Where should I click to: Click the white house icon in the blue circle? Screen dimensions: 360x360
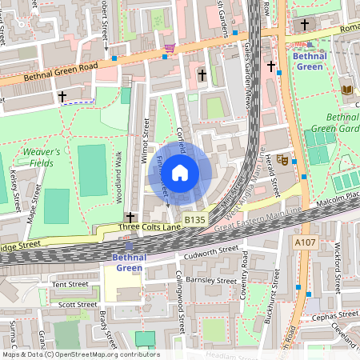click(x=180, y=172)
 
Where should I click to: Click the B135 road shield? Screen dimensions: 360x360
click(x=194, y=219)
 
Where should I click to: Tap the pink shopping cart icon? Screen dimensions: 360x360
click(x=169, y=49)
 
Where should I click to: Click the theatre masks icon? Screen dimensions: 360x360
click(x=282, y=159)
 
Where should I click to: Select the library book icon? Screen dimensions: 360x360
click(x=346, y=90)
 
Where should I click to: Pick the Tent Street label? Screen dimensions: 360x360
click(x=70, y=284)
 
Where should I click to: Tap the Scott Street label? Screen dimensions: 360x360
click(x=78, y=304)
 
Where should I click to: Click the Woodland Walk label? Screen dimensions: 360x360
click(x=118, y=170)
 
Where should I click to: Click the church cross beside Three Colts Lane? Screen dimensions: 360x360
click(x=130, y=217)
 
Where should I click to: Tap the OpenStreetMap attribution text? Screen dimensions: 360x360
click(x=80, y=354)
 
